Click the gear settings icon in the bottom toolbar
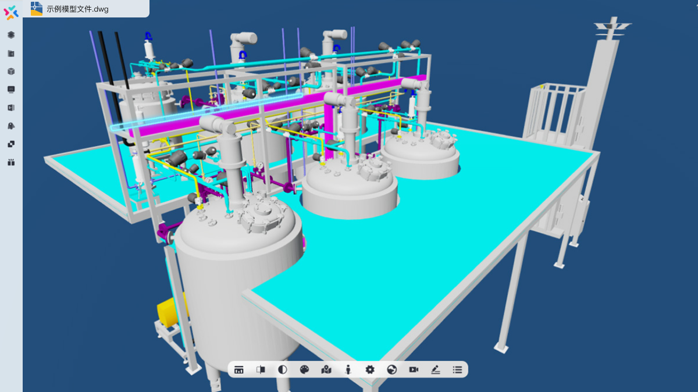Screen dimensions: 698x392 tap(370, 369)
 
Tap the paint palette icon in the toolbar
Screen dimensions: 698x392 tap(304, 369)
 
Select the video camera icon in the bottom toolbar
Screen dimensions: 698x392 tap(414, 369)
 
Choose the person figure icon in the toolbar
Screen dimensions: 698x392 tap(348, 369)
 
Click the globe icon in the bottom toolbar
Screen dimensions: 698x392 tap(391, 369)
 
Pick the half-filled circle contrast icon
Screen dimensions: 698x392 tap(282, 369)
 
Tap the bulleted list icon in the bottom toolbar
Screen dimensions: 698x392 tap(457, 369)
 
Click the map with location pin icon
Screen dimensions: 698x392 tap(326, 369)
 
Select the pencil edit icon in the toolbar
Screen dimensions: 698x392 tap(435, 369)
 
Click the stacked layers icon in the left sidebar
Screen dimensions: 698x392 tap(11, 35)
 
